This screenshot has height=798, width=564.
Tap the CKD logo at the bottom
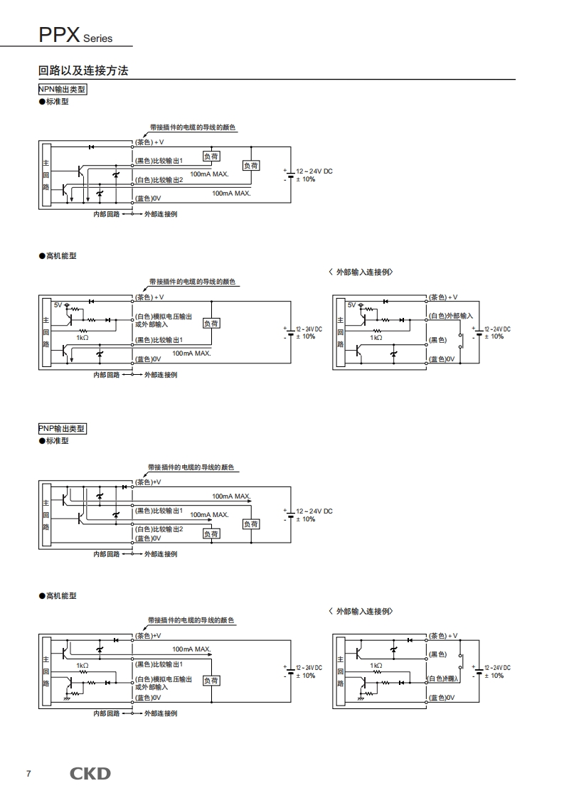pyautogui.click(x=90, y=773)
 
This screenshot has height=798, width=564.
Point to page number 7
pyautogui.click(x=28, y=774)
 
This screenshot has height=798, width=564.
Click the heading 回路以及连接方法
pyautogui.click(x=83, y=71)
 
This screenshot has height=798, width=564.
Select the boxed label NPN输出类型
pyautogui.click(x=62, y=90)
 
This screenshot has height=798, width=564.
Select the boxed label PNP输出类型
pyautogui.click(x=62, y=429)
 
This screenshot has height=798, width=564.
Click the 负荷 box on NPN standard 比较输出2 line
pyautogui.click(x=251, y=166)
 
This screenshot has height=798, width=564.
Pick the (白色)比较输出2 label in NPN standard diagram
pyautogui.click(x=159, y=180)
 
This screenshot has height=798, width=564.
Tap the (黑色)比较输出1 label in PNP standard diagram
pyautogui.click(x=159, y=511)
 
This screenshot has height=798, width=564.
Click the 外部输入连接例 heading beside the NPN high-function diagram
pyautogui.click(x=361, y=272)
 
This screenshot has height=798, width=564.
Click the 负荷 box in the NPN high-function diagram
pyautogui.click(x=211, y=324)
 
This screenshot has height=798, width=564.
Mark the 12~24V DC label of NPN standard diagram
pyautogui.click(x=314, y=171)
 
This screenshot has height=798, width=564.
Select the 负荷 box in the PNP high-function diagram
pyautogui.click(x=211, y=681)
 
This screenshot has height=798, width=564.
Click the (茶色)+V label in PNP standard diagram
pyautogui.click(x=149, y=482)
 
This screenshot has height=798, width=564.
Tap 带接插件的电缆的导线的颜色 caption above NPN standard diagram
pyautogui.click(x=192, y=128)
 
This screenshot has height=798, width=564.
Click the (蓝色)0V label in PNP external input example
pyautogui.click(x=442, y=698)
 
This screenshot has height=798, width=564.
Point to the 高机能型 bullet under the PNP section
pyautogui.click(x=58, y=595)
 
